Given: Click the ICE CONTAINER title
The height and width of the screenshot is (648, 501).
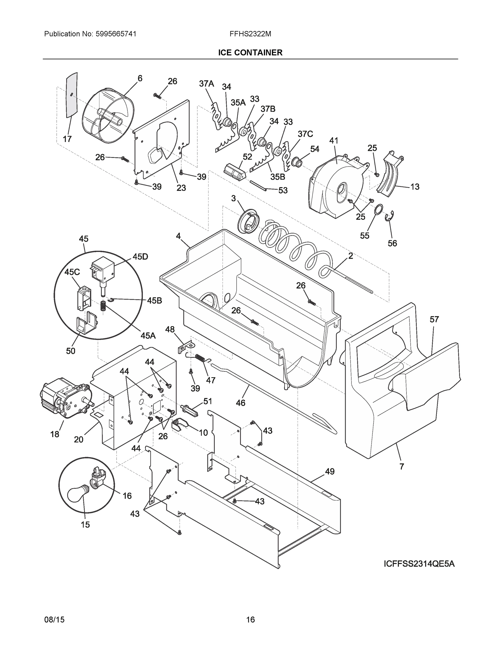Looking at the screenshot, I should point(250,53).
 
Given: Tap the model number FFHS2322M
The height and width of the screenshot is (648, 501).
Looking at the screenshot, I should point(250,34).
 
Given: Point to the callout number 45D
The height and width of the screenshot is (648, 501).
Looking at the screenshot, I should point(140,257).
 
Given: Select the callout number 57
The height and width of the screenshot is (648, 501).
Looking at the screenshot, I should point(434,320).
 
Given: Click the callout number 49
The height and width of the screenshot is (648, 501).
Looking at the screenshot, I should point(330,471).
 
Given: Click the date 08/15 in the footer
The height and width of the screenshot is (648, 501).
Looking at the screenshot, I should point(54,620).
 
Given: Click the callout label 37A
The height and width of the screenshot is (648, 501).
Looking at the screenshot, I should point(206,84).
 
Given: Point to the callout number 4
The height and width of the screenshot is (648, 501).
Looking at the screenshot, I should point(178,236).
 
